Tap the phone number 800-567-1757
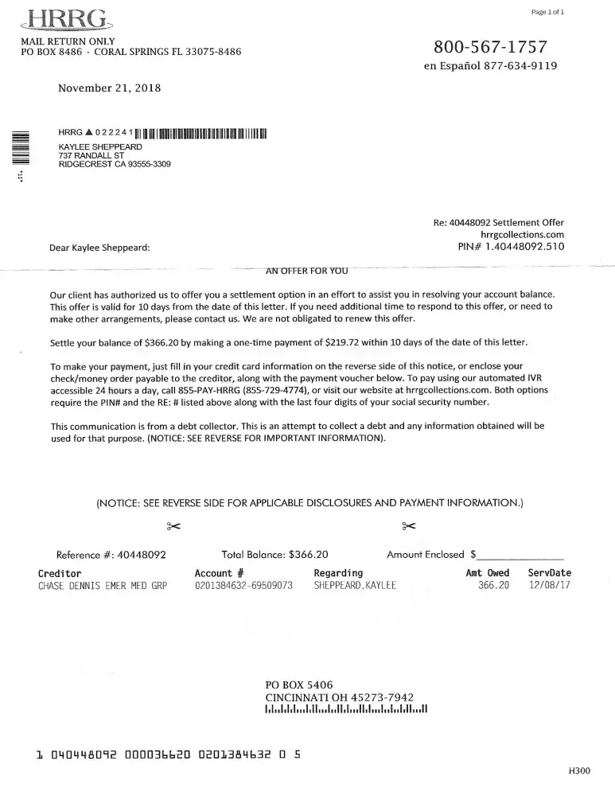tap(490, 45)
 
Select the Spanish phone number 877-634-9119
tap(520, 66)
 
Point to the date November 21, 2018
tap(110, 88)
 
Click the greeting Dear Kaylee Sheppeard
tap(99, 248)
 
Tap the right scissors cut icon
tap(408, 525)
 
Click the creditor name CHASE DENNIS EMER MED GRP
tap(103, 586)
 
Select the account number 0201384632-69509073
tap(243, 586)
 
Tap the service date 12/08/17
tap(549, 586)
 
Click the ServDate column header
tap(549, 573)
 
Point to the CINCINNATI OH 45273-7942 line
tap(339, 696)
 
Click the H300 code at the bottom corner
tap(579, 771)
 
